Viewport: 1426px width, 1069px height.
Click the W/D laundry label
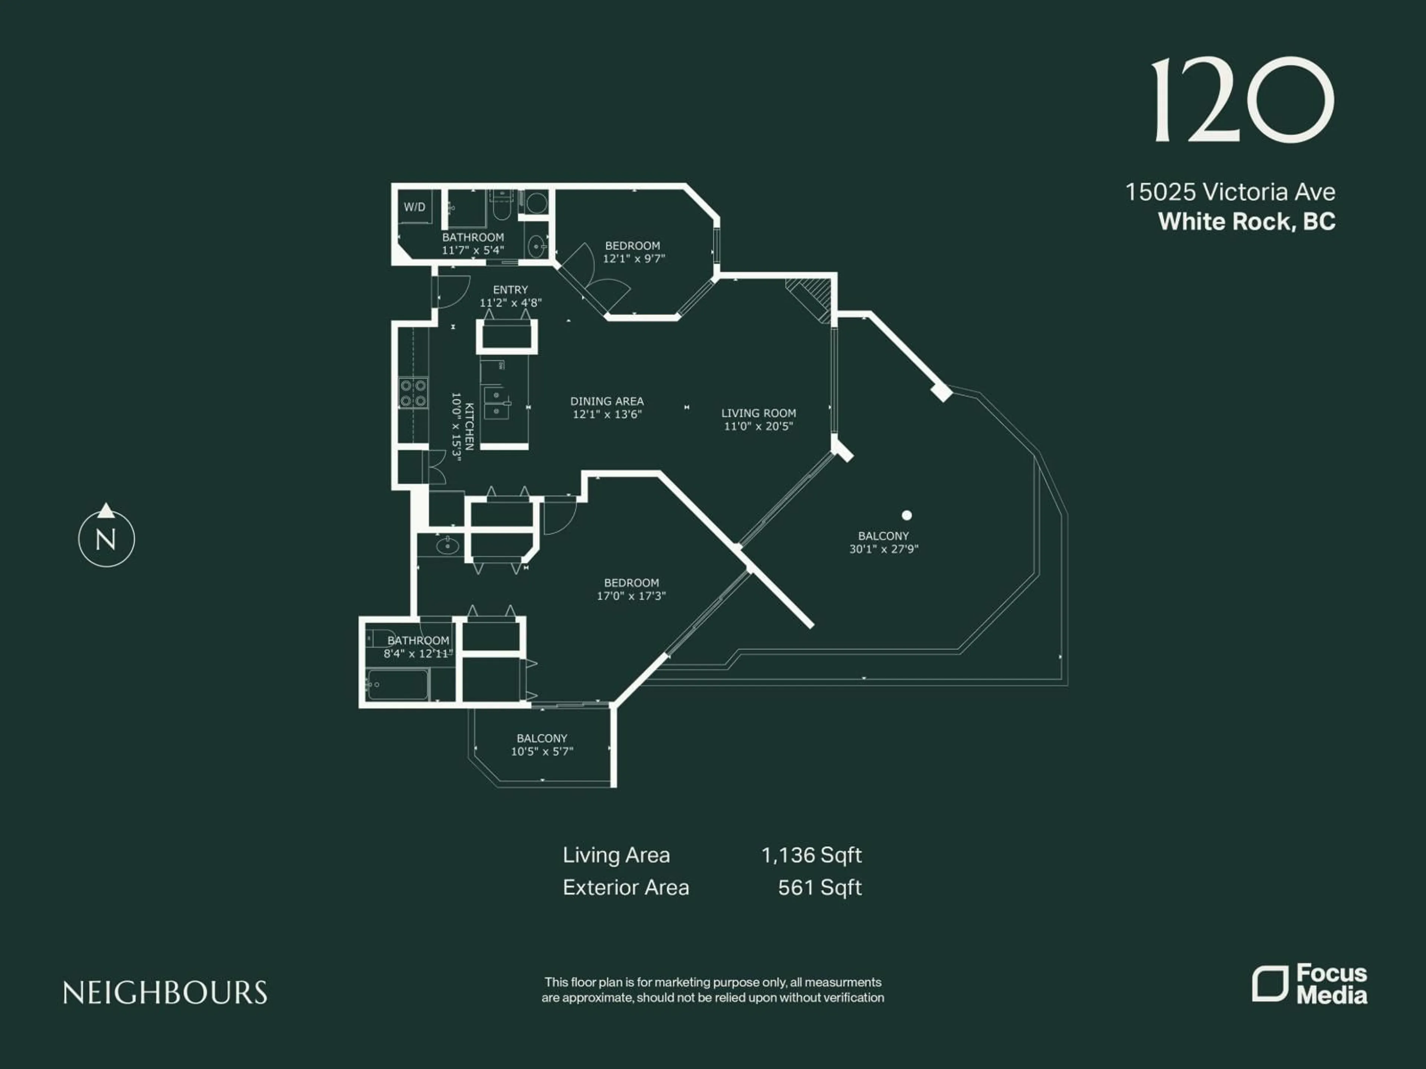tap(414, 207)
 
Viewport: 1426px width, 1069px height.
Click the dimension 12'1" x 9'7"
tap(634, 258)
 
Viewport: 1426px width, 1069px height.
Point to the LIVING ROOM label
tap(758, 413)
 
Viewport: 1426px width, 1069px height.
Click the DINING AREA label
tap(607, 401)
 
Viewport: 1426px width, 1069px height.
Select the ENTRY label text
tap(510, 290)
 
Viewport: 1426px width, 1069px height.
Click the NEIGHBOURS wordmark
tap(165, 993)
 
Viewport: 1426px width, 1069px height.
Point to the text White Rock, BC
tap(1246, 222)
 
